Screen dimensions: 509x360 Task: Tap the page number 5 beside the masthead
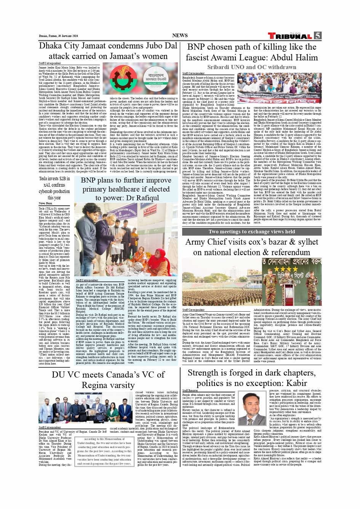pyautogui.click(x=317, y=36)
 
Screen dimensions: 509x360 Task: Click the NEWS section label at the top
pyautogui.click(x=180, y=35)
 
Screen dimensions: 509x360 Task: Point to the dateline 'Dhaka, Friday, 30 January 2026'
pyautogui.click(x=58, y=36)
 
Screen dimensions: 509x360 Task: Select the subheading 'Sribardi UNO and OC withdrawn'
pyautogui.click(x=251, y=67)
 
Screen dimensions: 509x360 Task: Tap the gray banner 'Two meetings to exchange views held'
pyautogui.click(x=251, y=232)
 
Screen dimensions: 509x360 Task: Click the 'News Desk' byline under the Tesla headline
pyautogui.click(x=45, y=203)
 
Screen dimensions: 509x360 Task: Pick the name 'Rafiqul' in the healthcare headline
pyautogui.click(x=146, y=198)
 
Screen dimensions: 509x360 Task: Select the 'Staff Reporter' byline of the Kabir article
pyautogui.click(x=190, y=391)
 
